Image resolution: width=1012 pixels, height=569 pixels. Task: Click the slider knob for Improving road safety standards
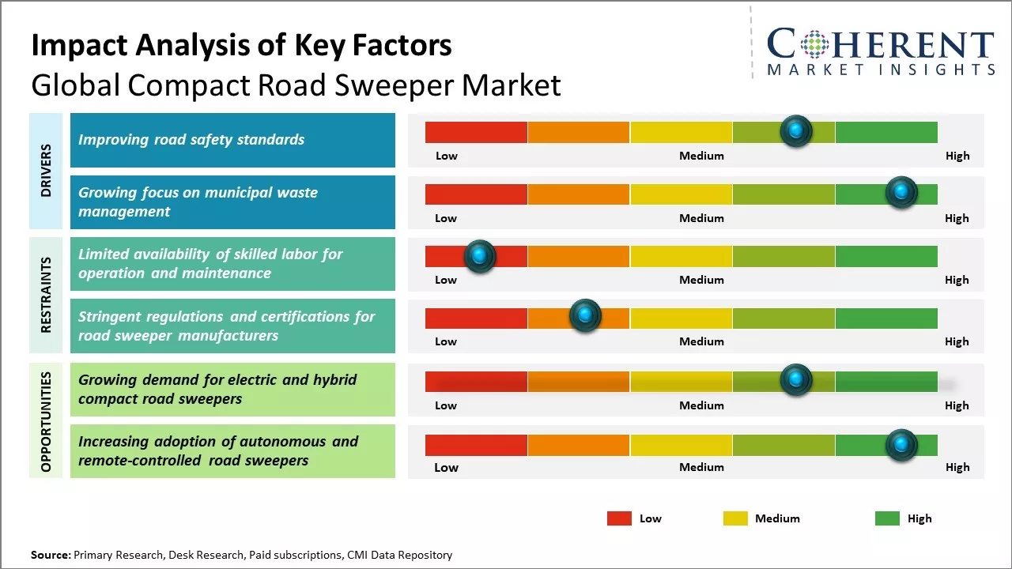point(796,130)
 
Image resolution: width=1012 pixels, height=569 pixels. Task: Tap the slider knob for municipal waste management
point(901,192)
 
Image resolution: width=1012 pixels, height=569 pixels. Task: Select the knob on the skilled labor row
point(479,255)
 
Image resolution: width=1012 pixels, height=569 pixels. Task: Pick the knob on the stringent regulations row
point(585,316)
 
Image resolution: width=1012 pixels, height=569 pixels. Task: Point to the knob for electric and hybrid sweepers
point(796,379)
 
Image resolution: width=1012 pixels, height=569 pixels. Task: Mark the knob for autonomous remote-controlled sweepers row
point(901,445)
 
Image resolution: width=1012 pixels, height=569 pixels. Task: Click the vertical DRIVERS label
point(46,171)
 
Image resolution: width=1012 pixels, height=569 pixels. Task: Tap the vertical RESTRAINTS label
point(46,295)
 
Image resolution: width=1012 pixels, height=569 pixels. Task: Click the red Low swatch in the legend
point(619,518)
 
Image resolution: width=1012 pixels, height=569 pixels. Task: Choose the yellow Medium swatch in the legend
point(735,518)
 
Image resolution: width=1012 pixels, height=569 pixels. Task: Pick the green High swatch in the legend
point(887,518)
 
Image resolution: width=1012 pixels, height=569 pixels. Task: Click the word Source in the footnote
point(50,556)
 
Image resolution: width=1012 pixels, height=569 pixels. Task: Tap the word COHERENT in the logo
point(880,45)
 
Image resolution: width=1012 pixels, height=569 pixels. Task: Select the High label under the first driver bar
point(957,156)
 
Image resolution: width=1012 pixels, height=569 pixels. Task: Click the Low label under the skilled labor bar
point(446,280)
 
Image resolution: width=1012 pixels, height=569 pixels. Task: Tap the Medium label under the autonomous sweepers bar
point(701,467)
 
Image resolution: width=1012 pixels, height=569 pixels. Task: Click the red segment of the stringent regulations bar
point(476,318)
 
